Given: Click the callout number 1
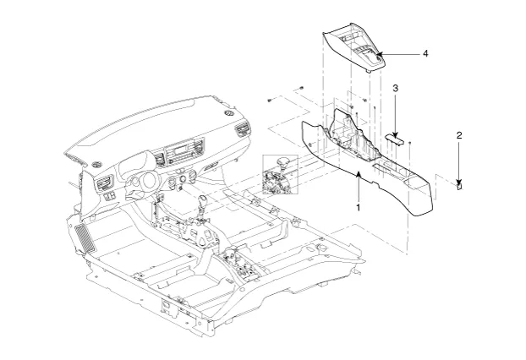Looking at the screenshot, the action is pos(359,208).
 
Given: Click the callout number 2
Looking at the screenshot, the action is pos(459,135).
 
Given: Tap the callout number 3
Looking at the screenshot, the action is pos(396,88).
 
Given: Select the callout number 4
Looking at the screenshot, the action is pos(425,53).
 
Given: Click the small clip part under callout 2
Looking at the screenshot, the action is pos(459,186).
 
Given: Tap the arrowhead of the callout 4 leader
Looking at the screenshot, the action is pos(379,53).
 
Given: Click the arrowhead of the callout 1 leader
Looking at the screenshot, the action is pos(359,173).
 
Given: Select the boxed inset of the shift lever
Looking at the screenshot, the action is pos(280,174).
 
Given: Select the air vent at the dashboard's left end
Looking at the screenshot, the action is pos(105,184).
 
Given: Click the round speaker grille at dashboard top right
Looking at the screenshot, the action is pos(228,113).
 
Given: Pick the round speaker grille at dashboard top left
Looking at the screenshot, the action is pos(96,164).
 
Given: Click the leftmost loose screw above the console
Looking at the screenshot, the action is pos(270,101).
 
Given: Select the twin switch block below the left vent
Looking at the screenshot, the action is pos(109,196).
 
